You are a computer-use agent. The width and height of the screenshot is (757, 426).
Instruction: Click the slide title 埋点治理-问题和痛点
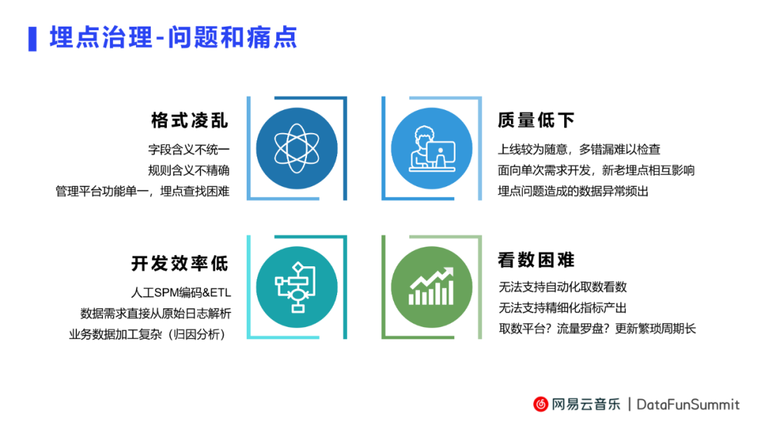coord(173,38)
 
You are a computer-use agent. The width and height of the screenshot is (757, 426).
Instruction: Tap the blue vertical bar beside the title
coord(32,39)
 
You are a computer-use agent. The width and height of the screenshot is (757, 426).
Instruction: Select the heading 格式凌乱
coord(190,120)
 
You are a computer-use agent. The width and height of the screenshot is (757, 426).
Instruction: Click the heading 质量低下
coord(536,120)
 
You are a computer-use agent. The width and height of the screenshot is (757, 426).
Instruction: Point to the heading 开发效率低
coord(180,263)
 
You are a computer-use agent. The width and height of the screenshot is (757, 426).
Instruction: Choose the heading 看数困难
coord(536,259)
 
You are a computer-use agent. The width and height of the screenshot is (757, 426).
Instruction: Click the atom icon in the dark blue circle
coord(296,148)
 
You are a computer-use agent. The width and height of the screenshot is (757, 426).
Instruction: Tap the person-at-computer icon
coord(432,149)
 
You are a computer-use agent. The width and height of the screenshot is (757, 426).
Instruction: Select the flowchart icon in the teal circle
coord(295,287)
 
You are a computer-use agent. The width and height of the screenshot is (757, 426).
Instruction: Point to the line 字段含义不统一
coord(189,149)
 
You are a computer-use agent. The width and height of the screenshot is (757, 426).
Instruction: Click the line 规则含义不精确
coord(189,170)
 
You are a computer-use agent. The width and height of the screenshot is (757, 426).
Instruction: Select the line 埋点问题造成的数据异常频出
coord(573,191)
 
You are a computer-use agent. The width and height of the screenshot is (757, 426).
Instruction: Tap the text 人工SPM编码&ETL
coord(181,292)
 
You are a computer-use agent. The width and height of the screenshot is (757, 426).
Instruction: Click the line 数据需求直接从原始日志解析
coord(156,314)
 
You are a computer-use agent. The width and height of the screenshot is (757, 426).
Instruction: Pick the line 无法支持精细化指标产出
coord(562,308)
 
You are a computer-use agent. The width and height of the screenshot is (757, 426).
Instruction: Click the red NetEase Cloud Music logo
coord(540,404)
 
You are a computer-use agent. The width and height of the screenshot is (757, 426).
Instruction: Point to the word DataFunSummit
coord(688,404)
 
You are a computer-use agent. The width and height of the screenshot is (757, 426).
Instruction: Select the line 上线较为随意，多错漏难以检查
coord(579,149)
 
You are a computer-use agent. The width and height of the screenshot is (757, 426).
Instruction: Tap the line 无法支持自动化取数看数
coord(562,287)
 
